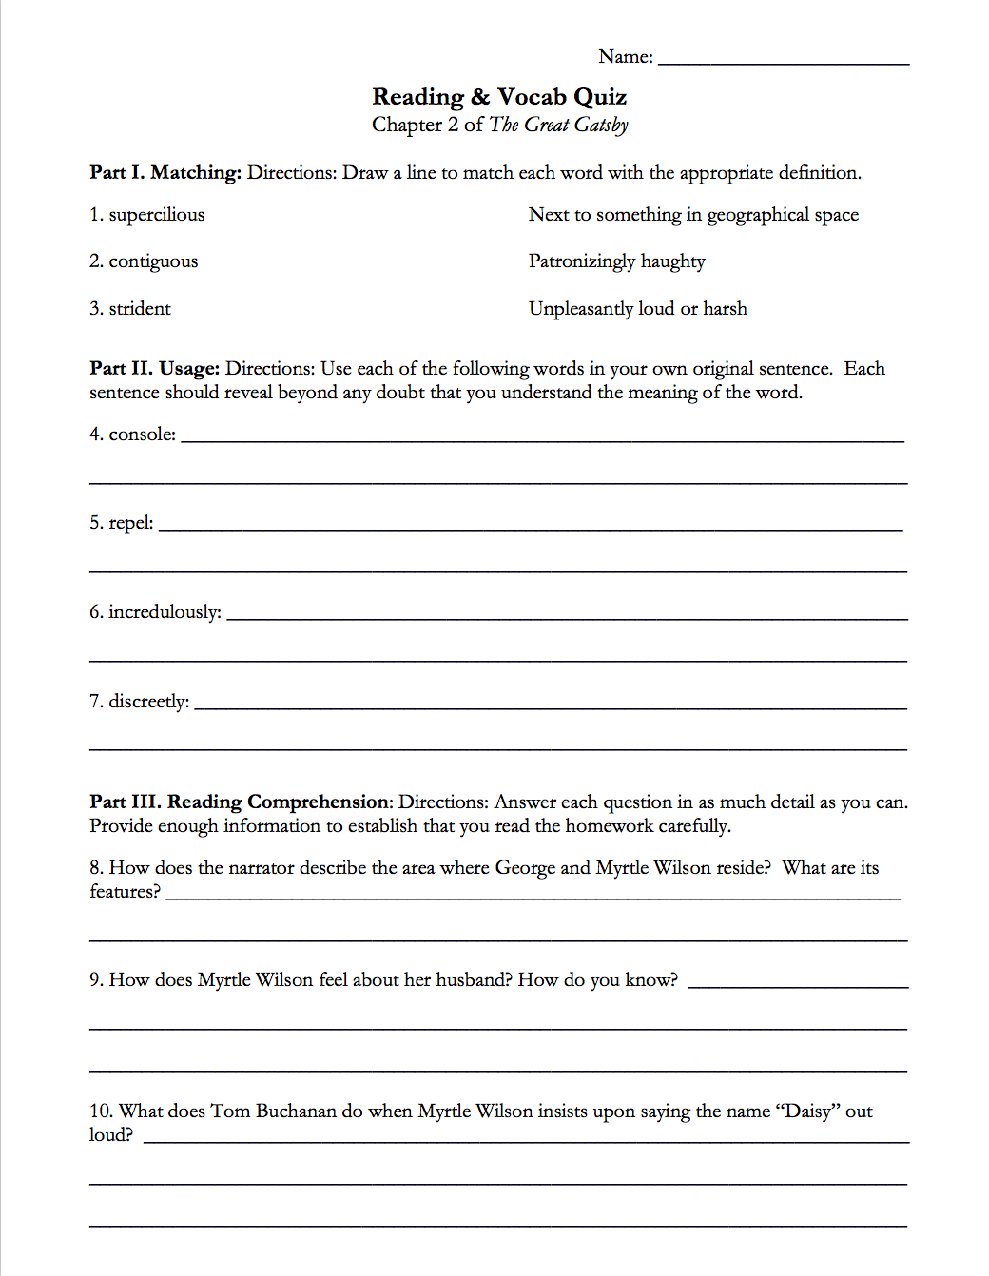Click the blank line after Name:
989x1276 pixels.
[x=784, y=59]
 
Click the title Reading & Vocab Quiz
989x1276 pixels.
[x=499, y=97]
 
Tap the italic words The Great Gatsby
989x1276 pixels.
[x=558, y=125]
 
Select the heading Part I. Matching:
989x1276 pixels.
[x=165, y=172]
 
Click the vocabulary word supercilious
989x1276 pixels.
[x=157, y=215]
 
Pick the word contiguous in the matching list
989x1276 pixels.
[x=153, y=261]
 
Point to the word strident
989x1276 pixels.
[x=140, y=309]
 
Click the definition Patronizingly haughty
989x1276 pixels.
[x=616, y=261]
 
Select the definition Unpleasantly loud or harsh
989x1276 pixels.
[x=637, y=309]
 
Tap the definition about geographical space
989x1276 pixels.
[x=693, y=215]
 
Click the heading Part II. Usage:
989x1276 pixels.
[x=154, y=369]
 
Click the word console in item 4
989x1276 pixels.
[x=141, y=435]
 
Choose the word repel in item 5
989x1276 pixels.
[x=129, y=523]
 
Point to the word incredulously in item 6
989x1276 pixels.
[x=164, y=612]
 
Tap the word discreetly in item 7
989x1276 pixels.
[x=147, y=702]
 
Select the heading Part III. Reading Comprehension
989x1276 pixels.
[x=241, y=802]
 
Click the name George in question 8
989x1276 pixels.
[x=525, y=868]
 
